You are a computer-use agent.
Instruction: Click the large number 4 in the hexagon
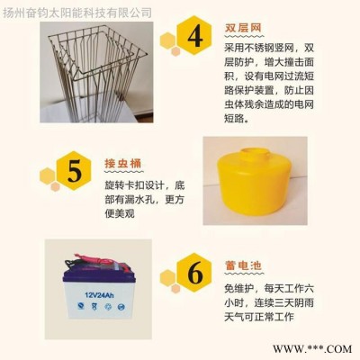tap(195, 37)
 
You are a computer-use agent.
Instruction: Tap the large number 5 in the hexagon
tap(75, 171)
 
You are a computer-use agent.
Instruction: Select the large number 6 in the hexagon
tap(195, 274)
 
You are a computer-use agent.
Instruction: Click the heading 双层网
tap(243, 28)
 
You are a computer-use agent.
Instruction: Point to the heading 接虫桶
tap(123, 164)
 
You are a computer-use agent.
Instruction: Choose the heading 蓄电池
tap(243, 265)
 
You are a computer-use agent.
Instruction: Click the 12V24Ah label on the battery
tap(99, 295)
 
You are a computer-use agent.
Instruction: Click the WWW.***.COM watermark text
tap(312, 349)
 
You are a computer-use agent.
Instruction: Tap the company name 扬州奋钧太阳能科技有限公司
tap(77, 13)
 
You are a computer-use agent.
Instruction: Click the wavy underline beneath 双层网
tap(244, 36)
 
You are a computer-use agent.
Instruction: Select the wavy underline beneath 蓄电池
tap(244, 274)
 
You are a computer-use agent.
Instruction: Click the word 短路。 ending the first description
tap(237, 119)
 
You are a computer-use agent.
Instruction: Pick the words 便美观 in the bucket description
tap(120, 214)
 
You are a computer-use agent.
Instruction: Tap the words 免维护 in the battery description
tap(239, 289)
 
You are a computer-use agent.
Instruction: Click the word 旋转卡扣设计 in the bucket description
tap(134, 185)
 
